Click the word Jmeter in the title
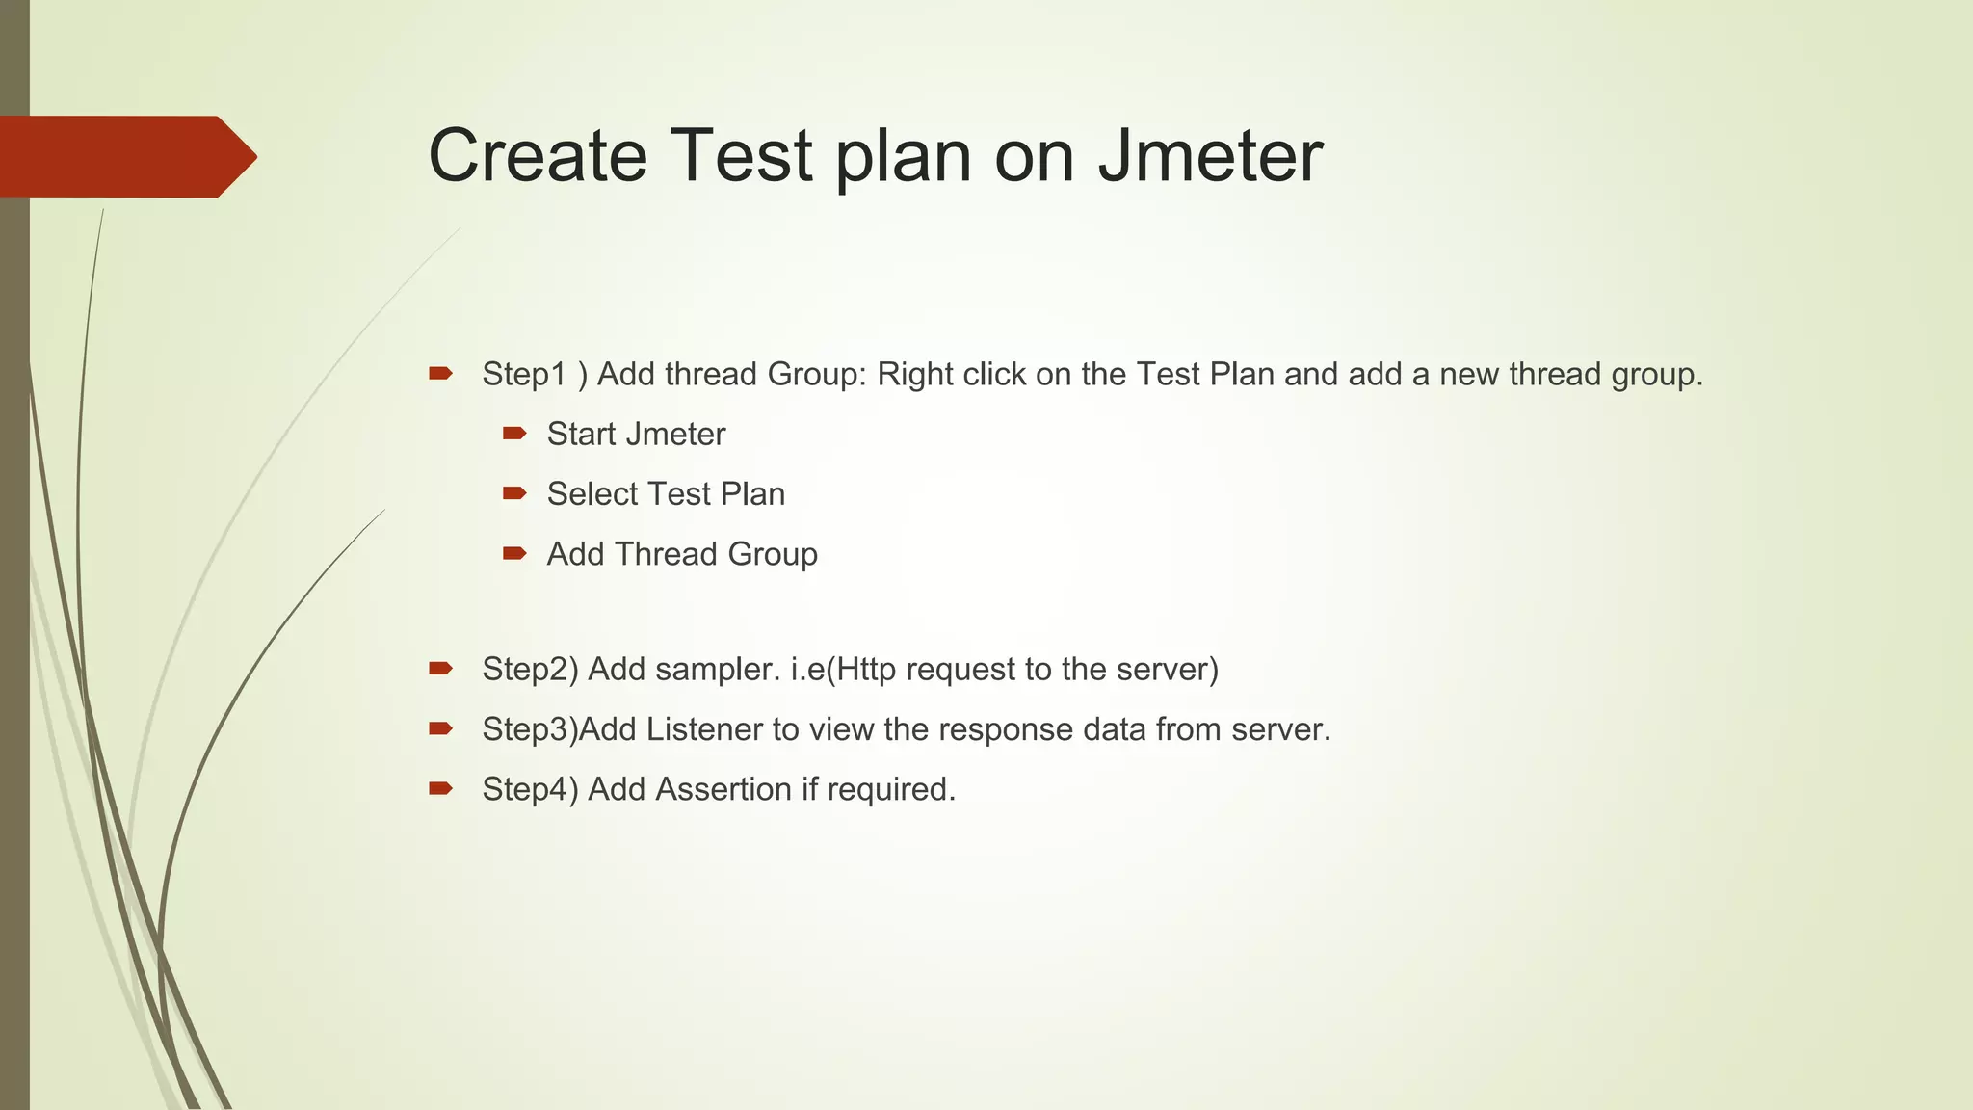coord(1209,156)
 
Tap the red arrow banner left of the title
coord(125,157)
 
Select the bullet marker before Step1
coord(440,373)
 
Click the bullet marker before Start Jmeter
coord(514,434)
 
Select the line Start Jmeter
coord(636,435)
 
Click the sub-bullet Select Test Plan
coord(666,494)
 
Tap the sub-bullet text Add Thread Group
coord(682,554)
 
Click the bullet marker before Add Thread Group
coord(514,553)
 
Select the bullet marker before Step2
coord(440,668)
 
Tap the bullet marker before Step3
coord(440,728)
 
